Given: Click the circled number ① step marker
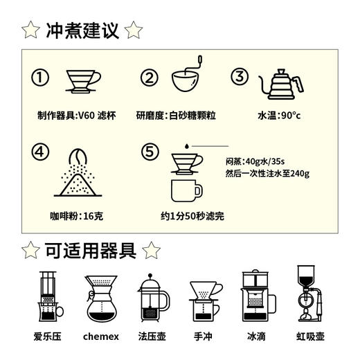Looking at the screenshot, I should point(42,78).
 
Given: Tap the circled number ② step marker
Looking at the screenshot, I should point(150,78).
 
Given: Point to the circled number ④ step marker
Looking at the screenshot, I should point(42,150).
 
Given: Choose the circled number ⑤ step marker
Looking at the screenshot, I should point(150,150).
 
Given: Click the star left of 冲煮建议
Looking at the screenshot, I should point(30,30).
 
